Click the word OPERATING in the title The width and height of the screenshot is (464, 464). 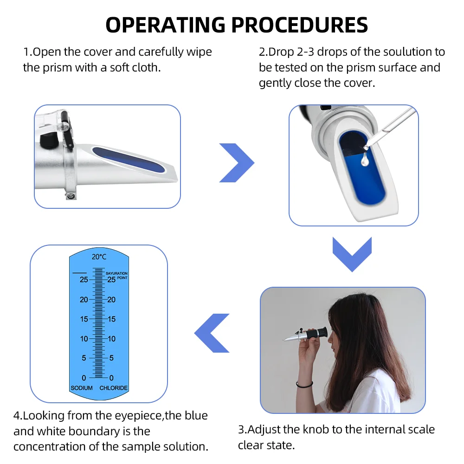point(166,25)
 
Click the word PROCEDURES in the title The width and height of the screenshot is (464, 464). point(299,25)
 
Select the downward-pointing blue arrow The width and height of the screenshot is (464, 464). point(352,254)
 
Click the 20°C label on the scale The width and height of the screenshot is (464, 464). point(99,257)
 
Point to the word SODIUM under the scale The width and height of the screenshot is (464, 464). point(81,387)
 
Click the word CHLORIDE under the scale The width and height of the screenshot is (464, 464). point(113,387)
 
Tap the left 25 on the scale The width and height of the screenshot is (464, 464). point(84,279)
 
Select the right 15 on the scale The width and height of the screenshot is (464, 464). point(111,319)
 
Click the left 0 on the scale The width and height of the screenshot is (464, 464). point(84,378)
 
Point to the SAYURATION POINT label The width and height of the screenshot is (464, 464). point(116,275)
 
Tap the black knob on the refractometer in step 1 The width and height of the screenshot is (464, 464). point(50,140)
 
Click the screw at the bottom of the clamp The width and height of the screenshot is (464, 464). point(71,196)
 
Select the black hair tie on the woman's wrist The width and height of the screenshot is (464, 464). point(304,385)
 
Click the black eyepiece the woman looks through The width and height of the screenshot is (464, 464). point(317,334)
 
